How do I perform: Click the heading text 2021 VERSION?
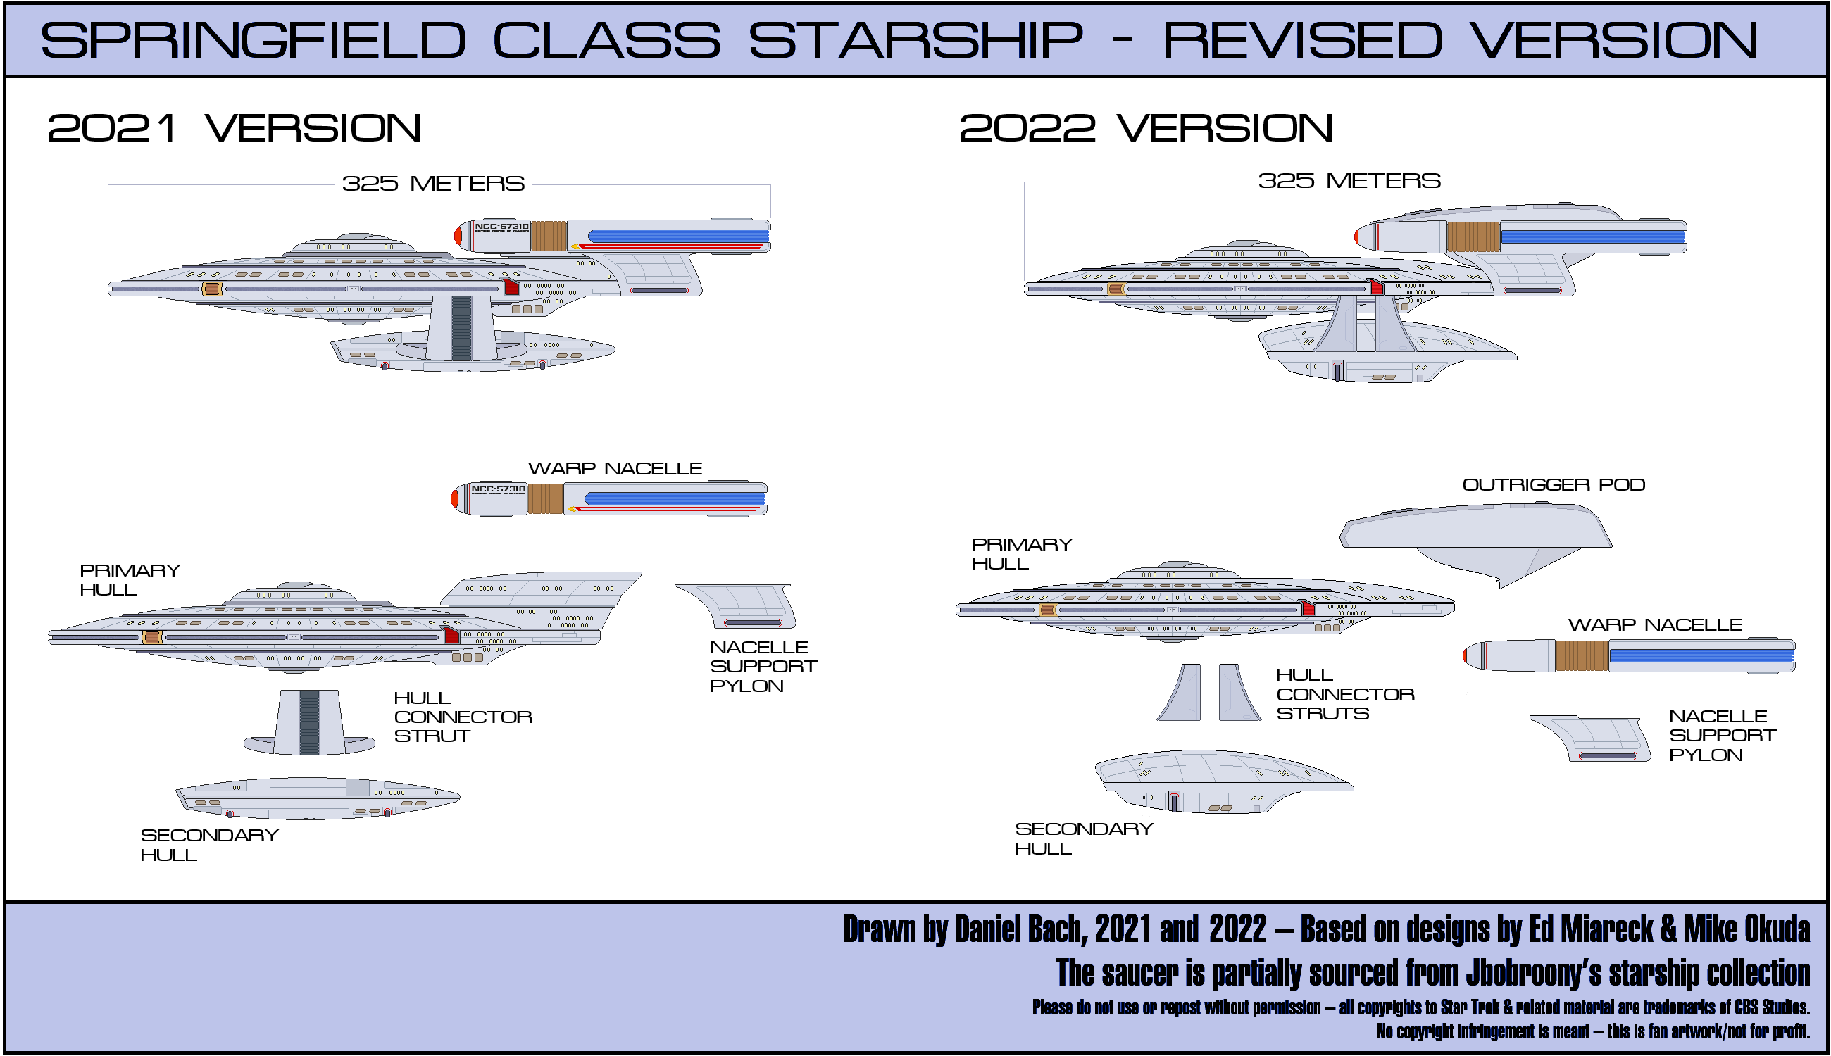pyautogui.click(x=234, y=128)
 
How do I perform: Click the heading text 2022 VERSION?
pyautogui.click(x=1146, y=128)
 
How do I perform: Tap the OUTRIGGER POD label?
pyautogui.click(x=1553, y=484)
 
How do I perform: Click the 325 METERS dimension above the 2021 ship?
pyautogui.click(x=433, y=184)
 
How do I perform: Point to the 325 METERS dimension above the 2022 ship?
pyautogui.click(x=1349, y=181)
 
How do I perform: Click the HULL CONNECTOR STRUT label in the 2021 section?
pyautogui.click(x=462, y=717)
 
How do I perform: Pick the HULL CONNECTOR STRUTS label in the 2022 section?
pyautogui.click(x=1344, y=694)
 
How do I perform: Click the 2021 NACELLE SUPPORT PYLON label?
pyautogui.click(x=763, y=666)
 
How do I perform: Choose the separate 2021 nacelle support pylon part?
pyautogui.click(x=740, y=606)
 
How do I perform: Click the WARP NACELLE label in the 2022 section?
pyautogui.click(x=1655, y=624)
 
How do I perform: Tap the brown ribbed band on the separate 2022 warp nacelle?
pyautogui.click(x=1582, y=655)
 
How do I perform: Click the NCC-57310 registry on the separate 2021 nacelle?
pyautogui.click(x=498, y=489)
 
